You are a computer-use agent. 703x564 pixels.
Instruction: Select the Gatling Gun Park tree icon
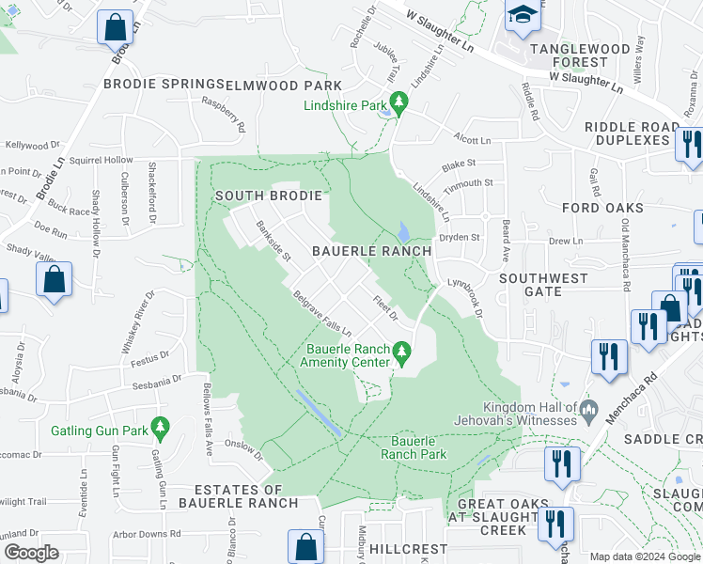tap(160, 429)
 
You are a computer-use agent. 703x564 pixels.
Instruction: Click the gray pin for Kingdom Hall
tap(588, 407)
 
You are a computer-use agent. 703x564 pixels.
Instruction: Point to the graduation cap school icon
tap(520, 16)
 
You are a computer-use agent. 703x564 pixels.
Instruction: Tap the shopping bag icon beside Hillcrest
tap(305, 545)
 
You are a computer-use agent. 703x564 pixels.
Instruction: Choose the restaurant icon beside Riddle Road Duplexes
tap(688, 144)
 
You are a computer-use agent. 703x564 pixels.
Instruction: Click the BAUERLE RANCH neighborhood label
tap(371, 251)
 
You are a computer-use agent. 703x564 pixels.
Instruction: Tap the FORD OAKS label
tap(602, 208)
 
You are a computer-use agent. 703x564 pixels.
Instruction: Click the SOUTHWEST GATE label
tap(543, 285)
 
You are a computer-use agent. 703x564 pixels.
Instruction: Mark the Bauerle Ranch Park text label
tap(414, 446)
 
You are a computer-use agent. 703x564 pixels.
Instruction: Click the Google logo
tap(30, 553)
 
